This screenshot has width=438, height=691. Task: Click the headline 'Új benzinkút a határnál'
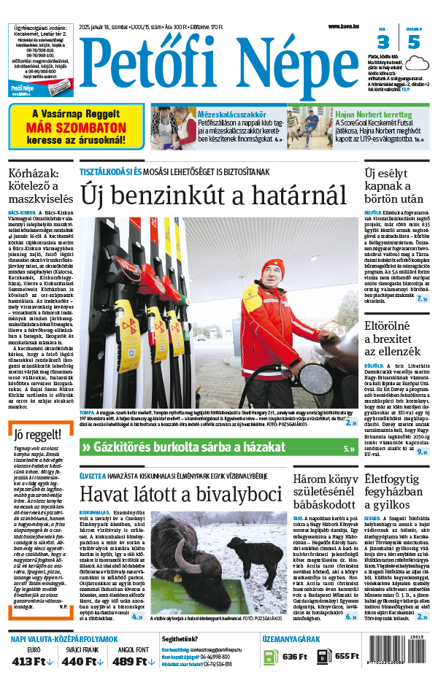[x=213, y=195]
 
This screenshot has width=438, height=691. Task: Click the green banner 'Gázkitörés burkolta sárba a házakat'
[x=219, y=447]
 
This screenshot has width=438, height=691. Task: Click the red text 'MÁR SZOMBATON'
[x=77, y=126]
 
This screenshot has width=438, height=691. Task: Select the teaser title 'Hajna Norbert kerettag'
[x=373, y=115]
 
